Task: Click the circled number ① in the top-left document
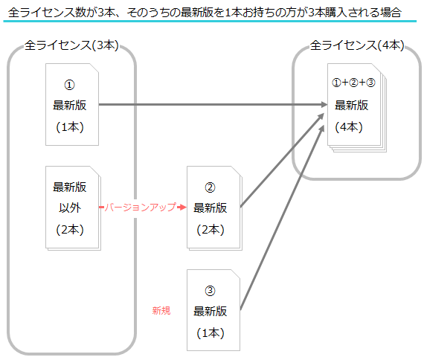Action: [x=69, y=85]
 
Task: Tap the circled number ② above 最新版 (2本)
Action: [x=210, y=187]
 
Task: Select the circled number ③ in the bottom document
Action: [x=210, y=291]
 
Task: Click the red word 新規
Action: [x=161, y=311]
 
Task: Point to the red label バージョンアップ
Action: [x=140, y=208]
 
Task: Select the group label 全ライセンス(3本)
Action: [x=71, y=45]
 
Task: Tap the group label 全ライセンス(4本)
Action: [x=357, y=45]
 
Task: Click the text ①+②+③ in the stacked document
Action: [x=353, y=83]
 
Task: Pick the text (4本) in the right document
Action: [x=349, y=127]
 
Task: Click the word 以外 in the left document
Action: [x=70, y=208]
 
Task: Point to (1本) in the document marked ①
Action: [x=70, y=127]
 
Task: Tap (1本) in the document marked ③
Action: [x=211, y=333]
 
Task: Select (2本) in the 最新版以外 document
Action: [x=70, y=230]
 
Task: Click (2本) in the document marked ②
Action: [x=211, y=230]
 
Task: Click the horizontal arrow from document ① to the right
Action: [x=213, y=104]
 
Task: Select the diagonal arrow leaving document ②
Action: [x=282, y=160]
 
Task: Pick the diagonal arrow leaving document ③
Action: [x=282, y=218]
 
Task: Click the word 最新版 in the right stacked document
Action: [x=352, y=105]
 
